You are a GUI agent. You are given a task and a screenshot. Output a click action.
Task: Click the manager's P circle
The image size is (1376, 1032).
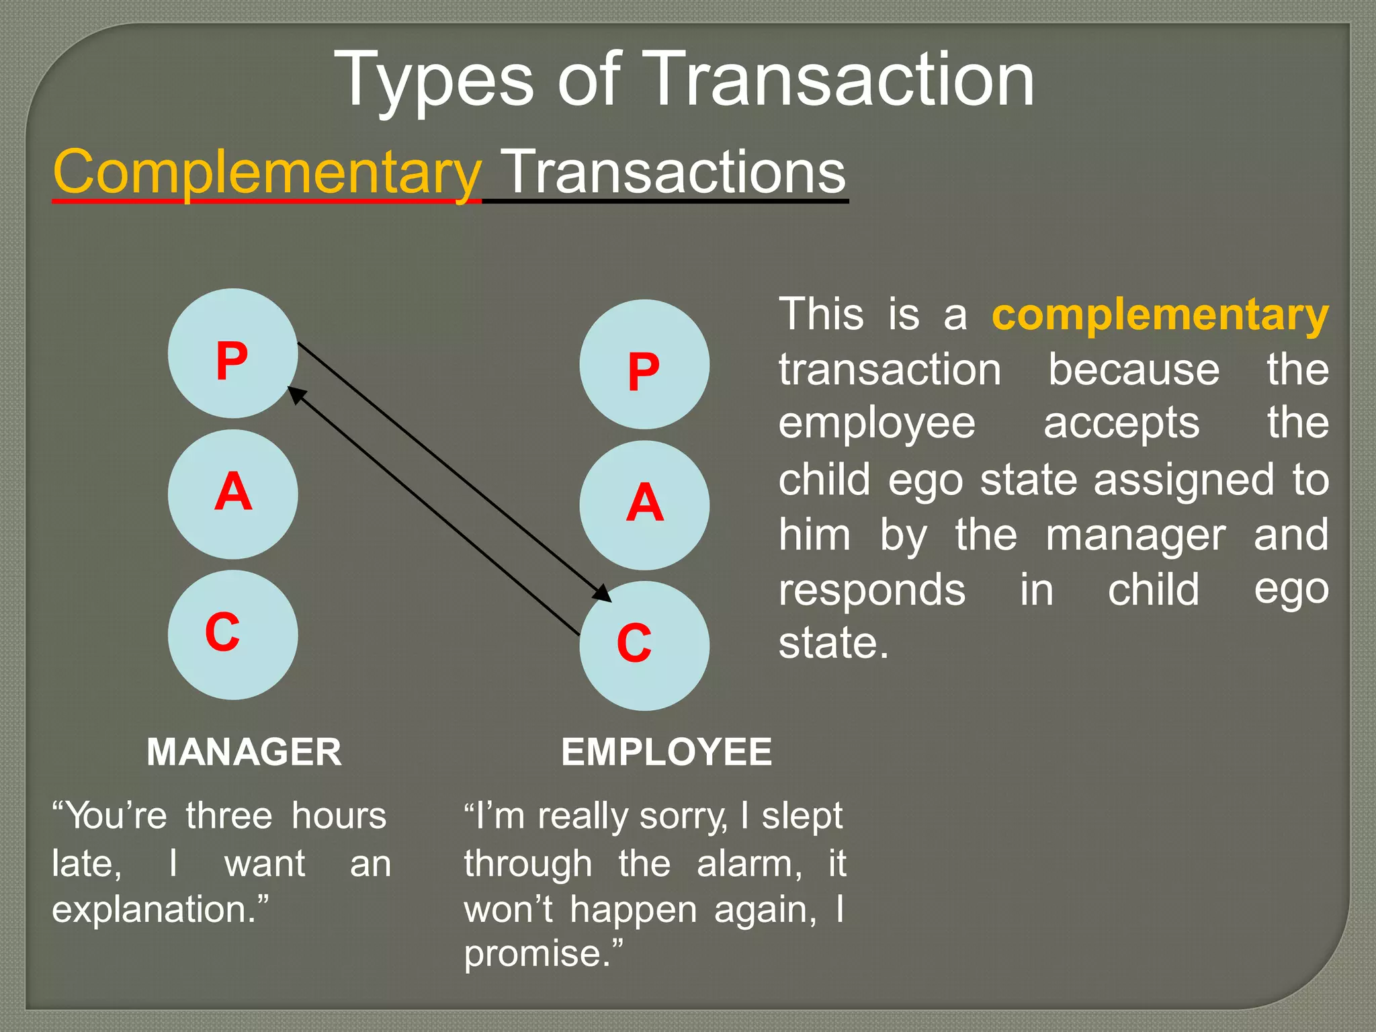(232, 354)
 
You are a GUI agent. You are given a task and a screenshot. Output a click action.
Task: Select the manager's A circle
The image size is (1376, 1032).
(232, 494)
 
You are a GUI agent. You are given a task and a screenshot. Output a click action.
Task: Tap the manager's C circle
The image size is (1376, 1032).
(232, 634)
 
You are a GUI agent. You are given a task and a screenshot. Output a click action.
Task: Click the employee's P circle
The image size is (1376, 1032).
(644, 365)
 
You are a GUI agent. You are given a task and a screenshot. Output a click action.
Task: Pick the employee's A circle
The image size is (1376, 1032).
(644, 505)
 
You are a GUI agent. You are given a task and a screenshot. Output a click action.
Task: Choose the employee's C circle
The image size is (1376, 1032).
(644, 646)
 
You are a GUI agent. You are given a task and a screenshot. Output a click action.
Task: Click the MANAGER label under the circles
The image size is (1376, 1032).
(244, 752)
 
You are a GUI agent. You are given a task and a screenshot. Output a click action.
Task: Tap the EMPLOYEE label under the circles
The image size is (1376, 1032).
(666, 752)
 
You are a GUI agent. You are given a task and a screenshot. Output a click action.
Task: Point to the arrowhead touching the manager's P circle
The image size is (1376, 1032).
(296, 394)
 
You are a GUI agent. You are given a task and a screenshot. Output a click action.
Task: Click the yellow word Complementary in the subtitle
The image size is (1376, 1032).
(267, 172)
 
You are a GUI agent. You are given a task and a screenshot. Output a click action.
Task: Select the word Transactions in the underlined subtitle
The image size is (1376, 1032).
(674, 172)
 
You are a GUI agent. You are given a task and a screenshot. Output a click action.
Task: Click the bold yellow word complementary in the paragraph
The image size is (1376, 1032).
(1160, 314)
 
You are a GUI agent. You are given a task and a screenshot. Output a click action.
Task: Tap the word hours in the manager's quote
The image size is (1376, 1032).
(339, 816)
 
